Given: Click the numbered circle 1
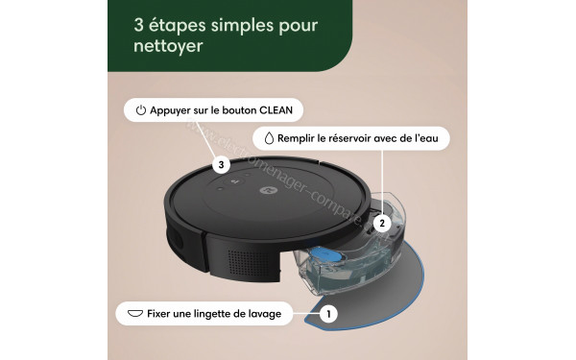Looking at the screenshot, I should click(x=328, y=313).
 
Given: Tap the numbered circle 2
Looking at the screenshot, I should click(x=381, y=223).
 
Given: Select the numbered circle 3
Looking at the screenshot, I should click(x=222, y=165).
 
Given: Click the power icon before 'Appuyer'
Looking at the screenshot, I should click(x=140, y=110).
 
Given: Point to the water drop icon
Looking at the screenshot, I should click(x=268, y=138).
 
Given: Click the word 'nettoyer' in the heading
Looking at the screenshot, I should click(x=169, y=46).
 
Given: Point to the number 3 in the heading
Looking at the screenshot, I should click(x=139, y=23).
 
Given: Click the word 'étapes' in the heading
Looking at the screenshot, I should click(x=180, y=23).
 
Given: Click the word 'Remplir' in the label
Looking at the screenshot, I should click(x=296, y=138).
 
